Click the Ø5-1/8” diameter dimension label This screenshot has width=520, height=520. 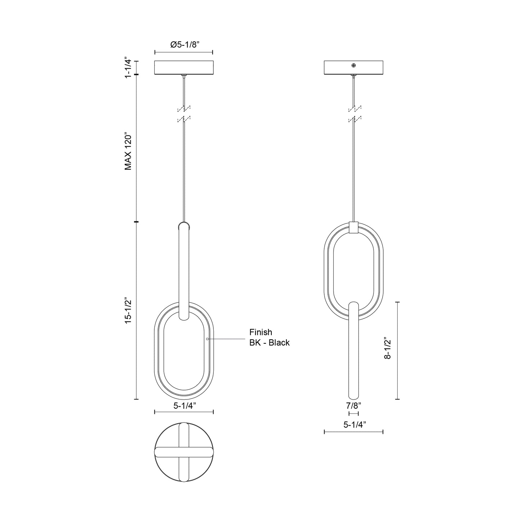(x=185, y=45)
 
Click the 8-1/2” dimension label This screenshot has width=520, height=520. (x=388, y=348)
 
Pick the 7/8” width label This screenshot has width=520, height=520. (x=353, y=406)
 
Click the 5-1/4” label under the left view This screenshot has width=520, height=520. (x=185, y=406)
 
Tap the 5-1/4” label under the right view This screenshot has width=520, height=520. (x=354, y=425)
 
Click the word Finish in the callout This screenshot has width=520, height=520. (x=261, y=332)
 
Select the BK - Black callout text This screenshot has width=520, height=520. (x=270, y=343)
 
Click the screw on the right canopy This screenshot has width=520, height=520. (x=354, y=65)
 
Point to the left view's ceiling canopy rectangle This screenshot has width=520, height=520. (x=184, y=68)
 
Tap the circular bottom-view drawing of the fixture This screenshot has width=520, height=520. (x=184, y=452)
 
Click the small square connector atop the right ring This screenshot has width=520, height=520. (x=354, y=228)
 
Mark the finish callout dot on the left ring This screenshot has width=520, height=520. (x=207, y=339)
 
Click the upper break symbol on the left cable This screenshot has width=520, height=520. (x=184, y=108)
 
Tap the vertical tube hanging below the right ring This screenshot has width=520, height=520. (x=354, y=349)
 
